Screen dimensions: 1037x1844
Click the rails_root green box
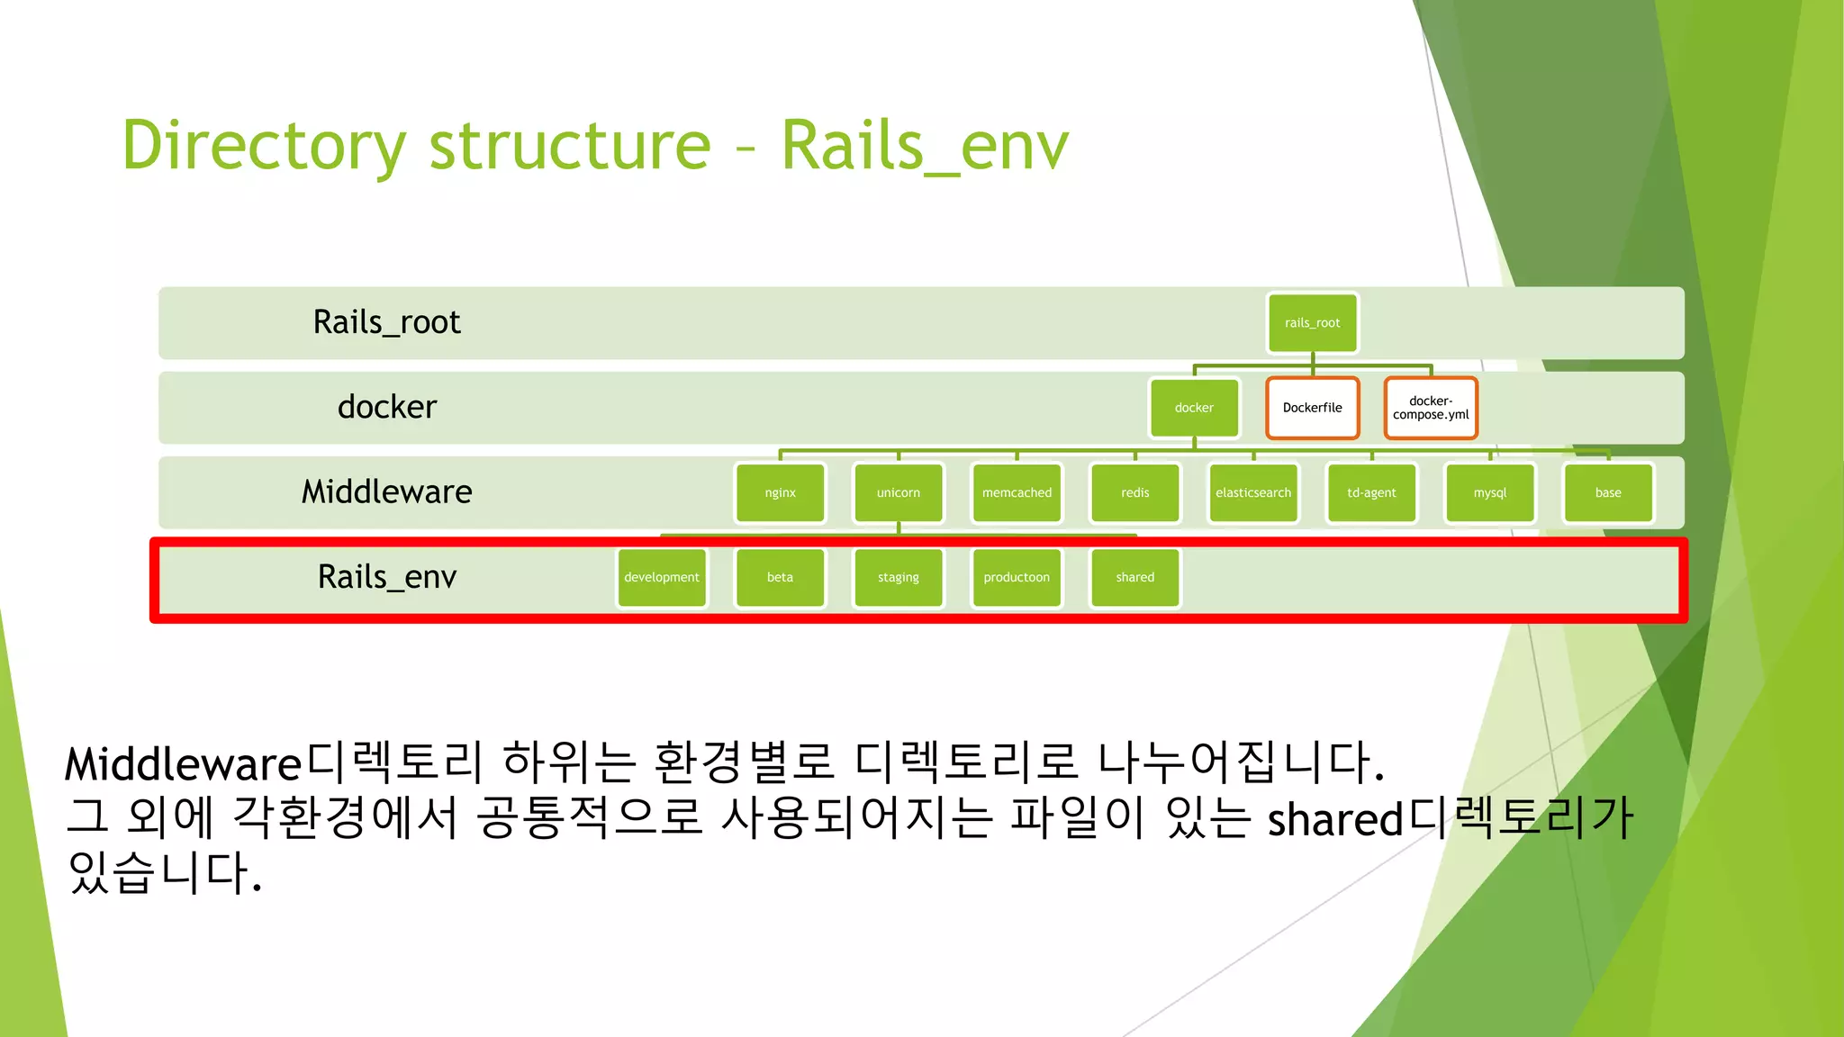click(1312, 323)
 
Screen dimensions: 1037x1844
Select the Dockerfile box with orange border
click(1312, 408)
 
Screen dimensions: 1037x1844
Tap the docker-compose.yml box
click(1430, 408)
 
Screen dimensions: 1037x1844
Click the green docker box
click(1194, 408)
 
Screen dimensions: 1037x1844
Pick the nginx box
click(780, 492)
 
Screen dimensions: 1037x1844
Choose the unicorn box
click(898, 492)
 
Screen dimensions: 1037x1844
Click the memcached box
click(1017, 492)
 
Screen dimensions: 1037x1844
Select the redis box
click(1134, 492)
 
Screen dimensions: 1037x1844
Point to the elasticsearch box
click(1252, 492)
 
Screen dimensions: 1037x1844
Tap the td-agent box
click(1371, 492)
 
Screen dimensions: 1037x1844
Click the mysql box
click(1489, 492)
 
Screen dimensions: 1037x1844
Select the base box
click(1608, 492)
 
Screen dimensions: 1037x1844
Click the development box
click(662, 577)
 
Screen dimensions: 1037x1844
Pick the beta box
click(780, 577)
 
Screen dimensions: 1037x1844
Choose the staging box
click(898, 577)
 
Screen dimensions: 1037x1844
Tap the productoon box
click(1017, 577)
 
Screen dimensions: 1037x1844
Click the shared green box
click(1134, 577)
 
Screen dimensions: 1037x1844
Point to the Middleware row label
click(386, 492)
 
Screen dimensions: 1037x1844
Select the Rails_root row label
click(386, 322)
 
